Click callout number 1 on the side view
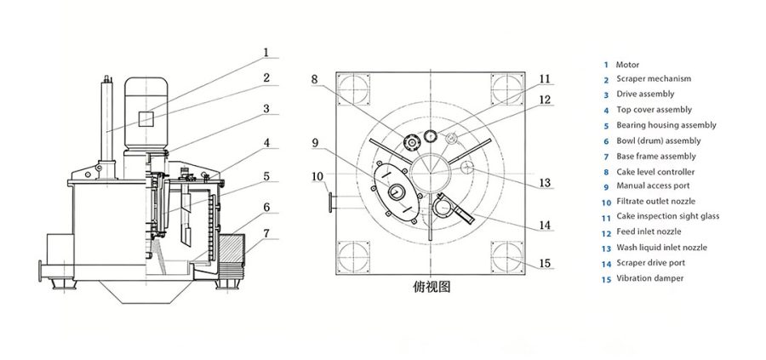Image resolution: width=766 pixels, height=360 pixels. click(x=266, y=52)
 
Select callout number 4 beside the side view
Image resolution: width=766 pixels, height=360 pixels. click(x=266, y=143)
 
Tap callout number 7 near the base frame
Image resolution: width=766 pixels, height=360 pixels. click(x=266, y=232)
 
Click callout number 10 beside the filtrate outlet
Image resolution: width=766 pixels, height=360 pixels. click(x=317, y=177)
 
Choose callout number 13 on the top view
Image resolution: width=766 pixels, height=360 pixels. click(x=545, y=182)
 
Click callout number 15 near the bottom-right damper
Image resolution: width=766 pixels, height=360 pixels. click(x=545, y=262)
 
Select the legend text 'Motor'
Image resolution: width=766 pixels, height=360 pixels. click(x=627, y=64)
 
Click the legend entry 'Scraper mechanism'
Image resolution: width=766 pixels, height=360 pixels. click(x=653, y=79)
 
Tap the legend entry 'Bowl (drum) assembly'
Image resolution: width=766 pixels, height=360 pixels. click(x=658, y=140)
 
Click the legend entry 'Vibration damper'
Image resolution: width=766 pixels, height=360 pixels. click(x=649, y=278)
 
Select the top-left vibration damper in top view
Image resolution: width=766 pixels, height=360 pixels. click(x=352, y=89)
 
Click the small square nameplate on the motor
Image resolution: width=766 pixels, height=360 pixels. click(x=146, y=119)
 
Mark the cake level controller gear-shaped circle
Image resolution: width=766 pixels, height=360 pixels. click(x=411, y=141)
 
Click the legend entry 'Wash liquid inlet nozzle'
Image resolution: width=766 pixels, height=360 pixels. click(x=661, y=248)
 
